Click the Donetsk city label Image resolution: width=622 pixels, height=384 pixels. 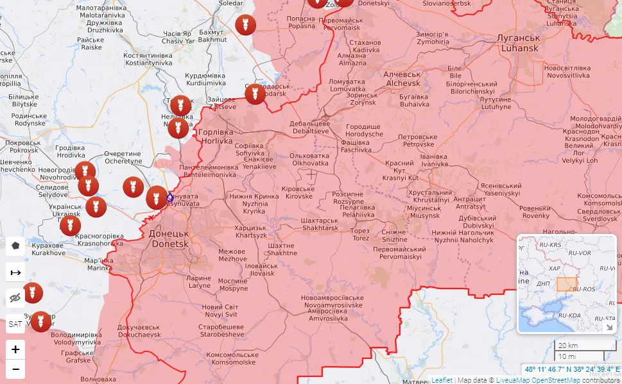click(x=169, y=238)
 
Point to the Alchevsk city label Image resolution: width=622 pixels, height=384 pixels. click(x=402, y=79)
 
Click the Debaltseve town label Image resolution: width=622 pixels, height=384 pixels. click(x=309, y=127)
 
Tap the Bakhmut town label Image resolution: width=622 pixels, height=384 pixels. click(x=212, y=35)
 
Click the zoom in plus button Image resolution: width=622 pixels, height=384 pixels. click(x=15, y=349)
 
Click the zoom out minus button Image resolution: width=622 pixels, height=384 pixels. click(x=15, y=369)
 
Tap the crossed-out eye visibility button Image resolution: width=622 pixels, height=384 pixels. click(x=15, y=297)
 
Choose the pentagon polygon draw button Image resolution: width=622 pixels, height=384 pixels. click(x=15, y=246)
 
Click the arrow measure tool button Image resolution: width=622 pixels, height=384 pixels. click(x=15, y=272)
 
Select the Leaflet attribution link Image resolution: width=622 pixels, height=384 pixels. click(x=442, y=380)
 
